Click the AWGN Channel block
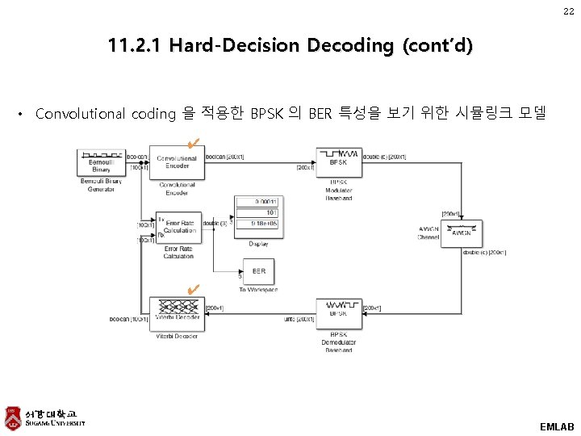click(x=460, y=233)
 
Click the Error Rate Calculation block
click(x=178, y=229)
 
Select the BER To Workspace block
click(x=258, y=271)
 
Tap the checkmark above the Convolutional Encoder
click(x=191, y=145)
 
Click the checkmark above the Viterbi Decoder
click(x=191, y=289)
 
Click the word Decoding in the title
click(x=345, y=45)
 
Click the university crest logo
click(x=11, y=417)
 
